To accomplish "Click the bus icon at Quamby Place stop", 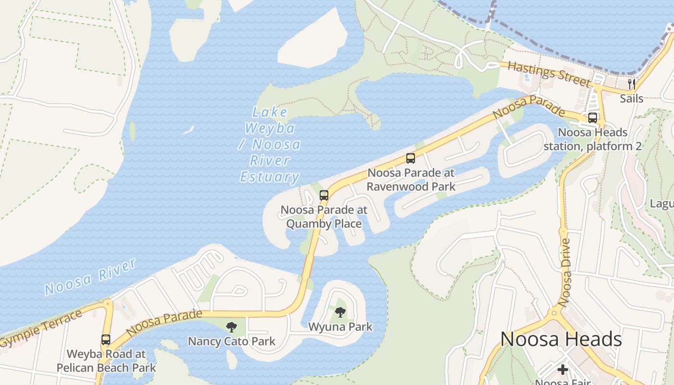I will click(324, 195).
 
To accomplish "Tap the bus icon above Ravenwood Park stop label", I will click(411, 158).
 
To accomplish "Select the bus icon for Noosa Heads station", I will click(593, 117).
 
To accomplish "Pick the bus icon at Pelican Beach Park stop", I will click(106, 339).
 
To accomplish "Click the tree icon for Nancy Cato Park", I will click(232, 327).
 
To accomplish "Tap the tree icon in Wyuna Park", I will click(340, 312).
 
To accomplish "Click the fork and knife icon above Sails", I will click(632, 84).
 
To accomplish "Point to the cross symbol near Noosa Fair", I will click(562, 370).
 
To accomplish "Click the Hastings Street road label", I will click(549, 74).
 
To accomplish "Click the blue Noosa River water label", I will click(91, 277).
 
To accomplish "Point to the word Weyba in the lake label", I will click(270, 128).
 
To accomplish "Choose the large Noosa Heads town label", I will click(561, 339).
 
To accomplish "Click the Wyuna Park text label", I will click(340, 327).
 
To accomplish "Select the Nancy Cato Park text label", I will click(232, 342).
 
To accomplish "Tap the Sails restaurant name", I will click(632, 99).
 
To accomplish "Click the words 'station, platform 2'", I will click(592, 146).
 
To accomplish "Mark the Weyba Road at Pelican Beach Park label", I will click(106, 361).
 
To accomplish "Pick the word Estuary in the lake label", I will click(270, 177).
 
